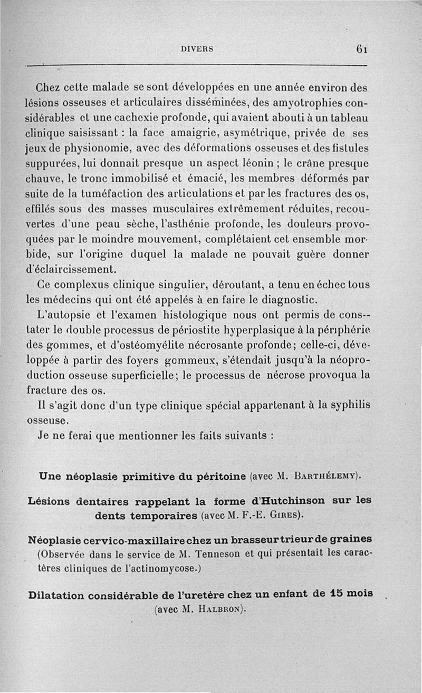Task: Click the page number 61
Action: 361,49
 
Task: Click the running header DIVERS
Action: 197,49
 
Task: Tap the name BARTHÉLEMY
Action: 327,478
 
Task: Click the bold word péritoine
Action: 220,478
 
